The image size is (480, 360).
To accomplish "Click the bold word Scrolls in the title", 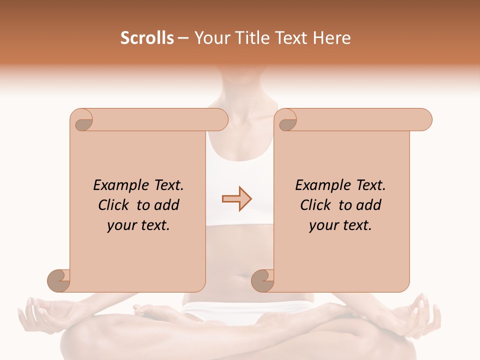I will (x=147, y=38).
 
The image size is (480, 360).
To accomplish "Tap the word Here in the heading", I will (x=331, y=38).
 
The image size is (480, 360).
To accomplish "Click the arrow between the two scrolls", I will (x=237, y=199).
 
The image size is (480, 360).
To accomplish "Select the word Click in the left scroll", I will (x=114, y=205).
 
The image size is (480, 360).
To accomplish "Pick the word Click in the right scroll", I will (x=316, y=205).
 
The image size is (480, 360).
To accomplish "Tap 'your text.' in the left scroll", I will (x=138, y=225).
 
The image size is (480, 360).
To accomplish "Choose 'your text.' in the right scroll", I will (x=340, y=225).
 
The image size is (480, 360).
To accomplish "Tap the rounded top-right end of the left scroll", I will (x=220, y=119).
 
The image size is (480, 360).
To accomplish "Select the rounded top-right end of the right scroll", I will (x=424, y=119).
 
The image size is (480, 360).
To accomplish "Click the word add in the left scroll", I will (x=167, y=205).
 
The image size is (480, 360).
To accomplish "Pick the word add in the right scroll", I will (x=369, y=205).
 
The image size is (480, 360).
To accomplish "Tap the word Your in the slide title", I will (x=209, y=38).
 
